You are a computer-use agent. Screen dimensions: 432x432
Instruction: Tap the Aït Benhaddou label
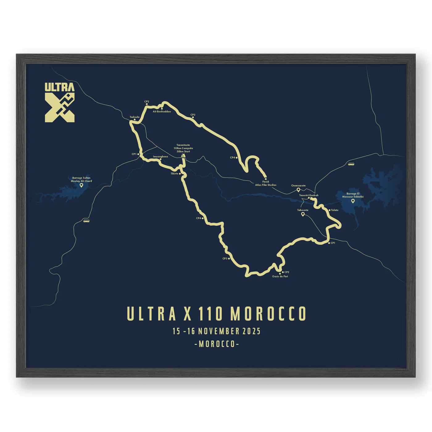[162, 111]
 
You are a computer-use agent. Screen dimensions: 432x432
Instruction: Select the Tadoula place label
[135, 117]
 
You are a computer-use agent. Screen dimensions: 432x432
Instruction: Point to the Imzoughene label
[160, 156]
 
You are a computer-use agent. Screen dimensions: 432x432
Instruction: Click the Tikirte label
[174, 174]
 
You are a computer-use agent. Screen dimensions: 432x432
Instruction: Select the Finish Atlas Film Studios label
[266, 183]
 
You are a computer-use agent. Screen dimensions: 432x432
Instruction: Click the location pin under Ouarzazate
[298, 190]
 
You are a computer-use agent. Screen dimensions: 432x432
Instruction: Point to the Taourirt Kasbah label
[309, 195]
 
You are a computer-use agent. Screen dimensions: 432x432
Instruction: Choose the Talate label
[334, 210]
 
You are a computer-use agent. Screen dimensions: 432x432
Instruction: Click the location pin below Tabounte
[303, 214]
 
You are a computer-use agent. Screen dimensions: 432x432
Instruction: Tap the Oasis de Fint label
[280, 276]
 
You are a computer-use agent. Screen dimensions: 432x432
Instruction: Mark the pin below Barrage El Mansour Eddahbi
[353, 201]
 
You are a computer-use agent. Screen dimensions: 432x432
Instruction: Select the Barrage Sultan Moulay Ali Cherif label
[81, 180]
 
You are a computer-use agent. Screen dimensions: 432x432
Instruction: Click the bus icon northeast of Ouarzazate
[351, 164]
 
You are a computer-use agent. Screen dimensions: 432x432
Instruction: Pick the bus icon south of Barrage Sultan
[86, 221]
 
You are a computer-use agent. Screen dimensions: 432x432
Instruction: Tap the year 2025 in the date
[251, 331]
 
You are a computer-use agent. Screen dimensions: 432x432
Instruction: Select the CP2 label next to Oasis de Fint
[287, 272]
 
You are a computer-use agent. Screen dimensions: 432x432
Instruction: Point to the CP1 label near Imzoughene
[134, 154]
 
